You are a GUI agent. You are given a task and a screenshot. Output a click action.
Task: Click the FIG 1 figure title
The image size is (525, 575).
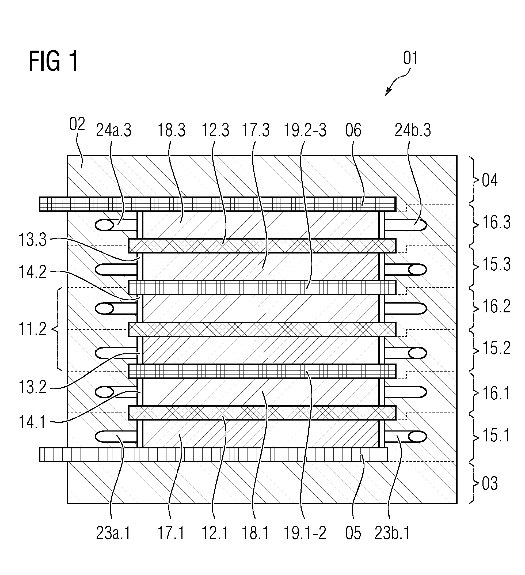(x=53, y=61)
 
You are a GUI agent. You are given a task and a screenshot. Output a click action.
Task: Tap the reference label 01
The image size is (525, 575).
(x=410, y=58)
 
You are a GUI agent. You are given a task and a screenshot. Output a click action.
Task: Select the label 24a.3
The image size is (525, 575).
(x=113, y=130)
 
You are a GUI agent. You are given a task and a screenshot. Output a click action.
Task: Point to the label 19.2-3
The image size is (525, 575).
(x=305, y=130)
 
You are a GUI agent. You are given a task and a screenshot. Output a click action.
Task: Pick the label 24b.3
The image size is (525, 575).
(x=413, y=130)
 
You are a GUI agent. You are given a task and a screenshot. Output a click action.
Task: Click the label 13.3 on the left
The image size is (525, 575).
(x=32, y=240)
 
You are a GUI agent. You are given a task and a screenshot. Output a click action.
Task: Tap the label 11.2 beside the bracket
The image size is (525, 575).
(x=32, y=330)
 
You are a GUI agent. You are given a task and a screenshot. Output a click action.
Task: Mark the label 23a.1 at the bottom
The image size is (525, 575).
(x=113, y=533)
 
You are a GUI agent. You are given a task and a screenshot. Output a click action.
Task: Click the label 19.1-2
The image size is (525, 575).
(x=305, y=533)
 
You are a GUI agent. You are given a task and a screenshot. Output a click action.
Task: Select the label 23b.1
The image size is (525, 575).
(x=392, y=533)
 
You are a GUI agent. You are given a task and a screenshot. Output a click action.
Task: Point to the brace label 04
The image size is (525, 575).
(x=490, y=180)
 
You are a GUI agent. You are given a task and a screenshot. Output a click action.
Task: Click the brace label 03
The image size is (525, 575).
(x=490, y=483)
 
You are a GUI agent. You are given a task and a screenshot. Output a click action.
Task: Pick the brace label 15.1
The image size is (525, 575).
(x=496, y=436)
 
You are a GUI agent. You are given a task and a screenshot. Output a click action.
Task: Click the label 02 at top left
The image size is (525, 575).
(x=77, y=124)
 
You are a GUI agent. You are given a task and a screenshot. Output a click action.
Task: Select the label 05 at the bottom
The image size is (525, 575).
(x=353, y=533)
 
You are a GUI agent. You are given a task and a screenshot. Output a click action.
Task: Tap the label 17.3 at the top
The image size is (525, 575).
(x=256, y=130)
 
